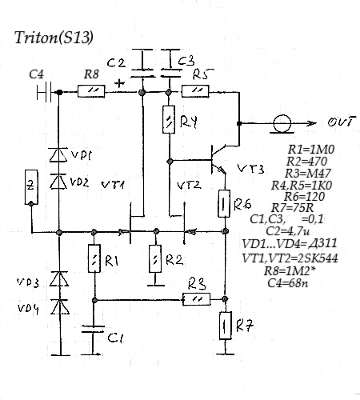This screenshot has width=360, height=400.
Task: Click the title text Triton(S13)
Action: [x=54, y=38]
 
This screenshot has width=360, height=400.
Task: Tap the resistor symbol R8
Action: [x=91, y=91]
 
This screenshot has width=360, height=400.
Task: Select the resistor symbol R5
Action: [x=195, y=91]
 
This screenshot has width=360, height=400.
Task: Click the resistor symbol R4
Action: [x=169, y=119]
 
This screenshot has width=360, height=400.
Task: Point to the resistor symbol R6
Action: [x=224, y=203]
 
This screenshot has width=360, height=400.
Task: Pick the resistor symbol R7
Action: [x=226, y=326]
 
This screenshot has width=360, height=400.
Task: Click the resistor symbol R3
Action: [x=197, y=299]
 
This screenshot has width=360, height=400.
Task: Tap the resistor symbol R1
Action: [x=94, y=258]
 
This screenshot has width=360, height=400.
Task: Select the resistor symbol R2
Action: [x=155, y=259]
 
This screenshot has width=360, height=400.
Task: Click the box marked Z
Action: [x=31, y=187]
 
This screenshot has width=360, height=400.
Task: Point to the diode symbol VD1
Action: [x=58, y=155]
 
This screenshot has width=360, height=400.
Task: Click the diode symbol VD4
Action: [x=60, y=306]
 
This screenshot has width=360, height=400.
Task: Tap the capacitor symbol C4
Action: [x=44, y=92]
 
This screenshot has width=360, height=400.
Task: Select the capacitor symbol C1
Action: [x=93, y=329]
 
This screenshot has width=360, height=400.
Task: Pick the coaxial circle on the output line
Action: [x=282, y=123]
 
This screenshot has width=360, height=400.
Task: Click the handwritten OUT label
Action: [x=342, y=122]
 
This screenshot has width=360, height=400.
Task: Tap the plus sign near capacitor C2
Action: [x=119, y=83]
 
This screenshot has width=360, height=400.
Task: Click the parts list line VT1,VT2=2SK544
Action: [x=290, y=258]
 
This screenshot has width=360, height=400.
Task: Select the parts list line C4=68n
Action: [x=288, y=282]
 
